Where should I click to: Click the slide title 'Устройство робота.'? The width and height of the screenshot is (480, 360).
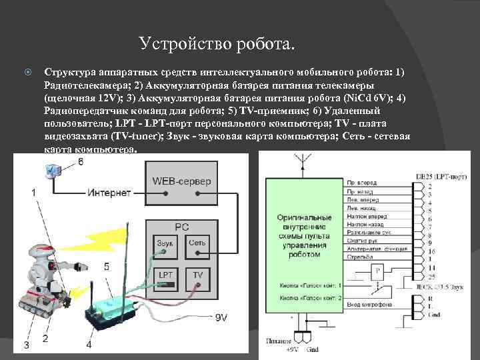pyautogui.click(x=216, y=45)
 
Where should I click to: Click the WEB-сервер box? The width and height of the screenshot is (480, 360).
pyautogui.click(x=181, y=182)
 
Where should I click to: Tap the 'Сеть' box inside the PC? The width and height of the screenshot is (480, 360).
pyautogui.click(x=197, y=243)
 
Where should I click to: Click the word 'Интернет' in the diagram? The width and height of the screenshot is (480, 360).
pyautogui.click(x=109, y=193)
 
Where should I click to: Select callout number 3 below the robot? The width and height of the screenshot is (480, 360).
pyautogui.click(x=26, y=345)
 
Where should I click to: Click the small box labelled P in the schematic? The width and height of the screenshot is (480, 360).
pyautogui.click(x=377, y=271)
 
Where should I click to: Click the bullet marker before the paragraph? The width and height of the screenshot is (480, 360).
pyautogui.click(x=27, y=71)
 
